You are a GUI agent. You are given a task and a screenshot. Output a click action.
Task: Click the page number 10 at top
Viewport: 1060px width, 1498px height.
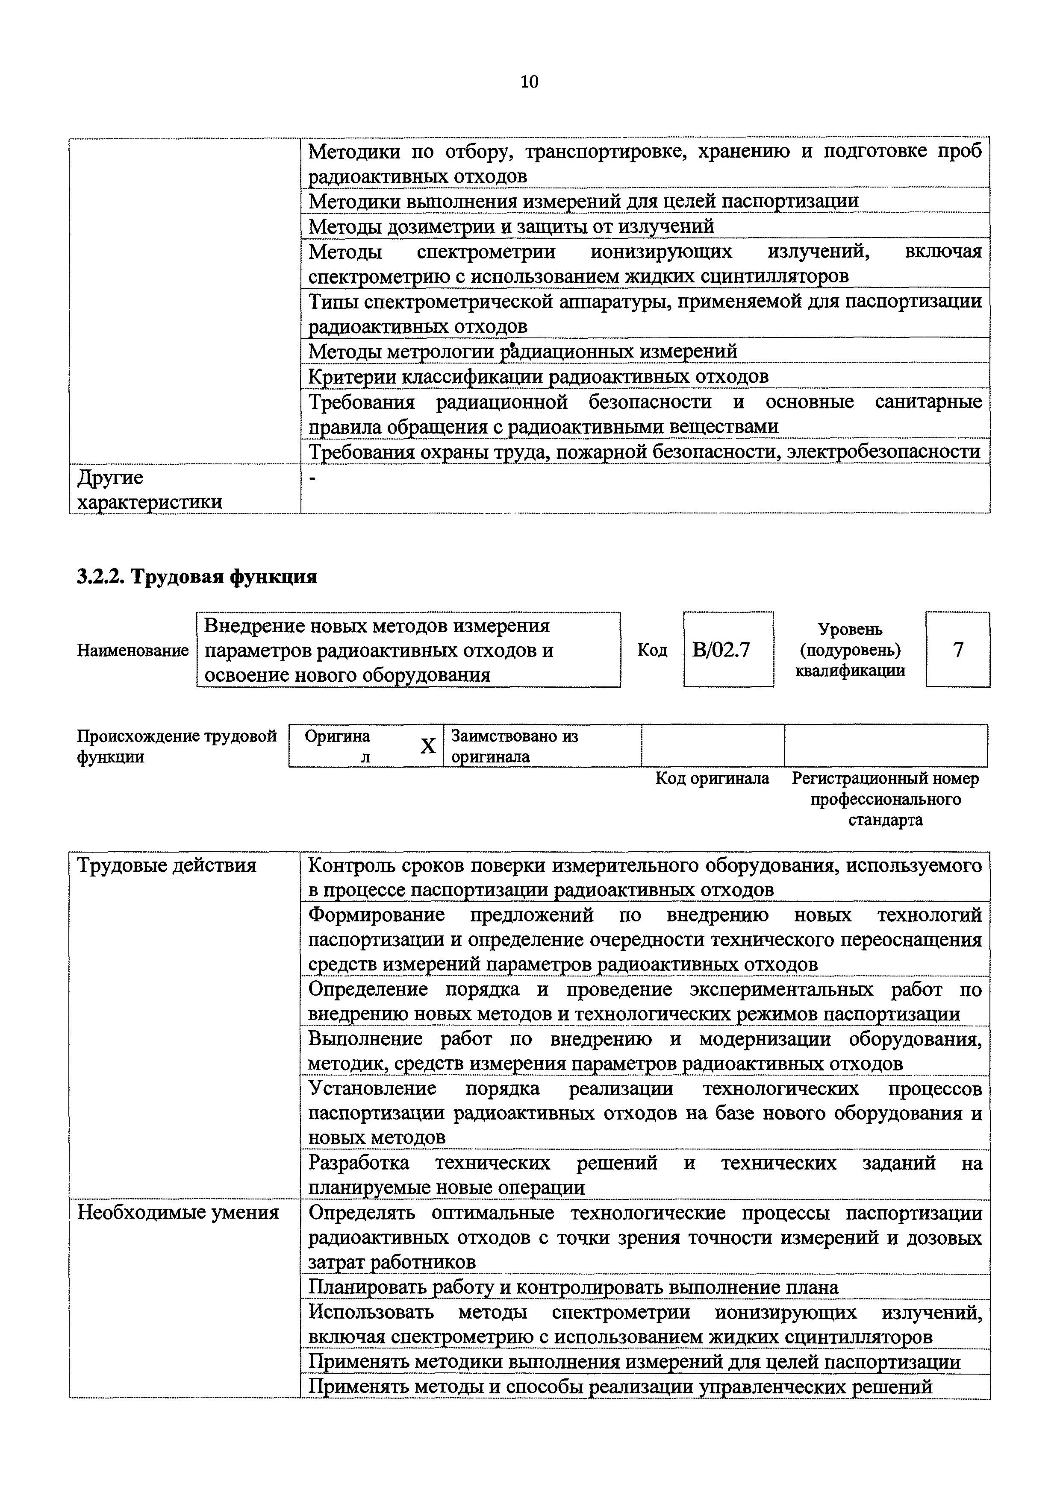(x=529, y=82)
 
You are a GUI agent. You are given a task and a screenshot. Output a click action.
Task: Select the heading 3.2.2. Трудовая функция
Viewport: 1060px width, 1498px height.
(x=197, y=577)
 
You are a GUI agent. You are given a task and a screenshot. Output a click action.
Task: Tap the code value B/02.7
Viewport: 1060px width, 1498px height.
(x=721, y=650)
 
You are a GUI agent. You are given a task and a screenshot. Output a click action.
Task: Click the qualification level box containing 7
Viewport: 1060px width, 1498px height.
(x=957, y=650)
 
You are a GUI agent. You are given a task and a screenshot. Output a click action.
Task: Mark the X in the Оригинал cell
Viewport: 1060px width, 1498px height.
(x=427, y=746)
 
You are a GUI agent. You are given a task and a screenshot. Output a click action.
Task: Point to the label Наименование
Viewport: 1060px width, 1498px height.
(x=132, y=651)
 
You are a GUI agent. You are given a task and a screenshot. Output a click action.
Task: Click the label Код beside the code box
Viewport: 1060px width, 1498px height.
(x=652, y=651)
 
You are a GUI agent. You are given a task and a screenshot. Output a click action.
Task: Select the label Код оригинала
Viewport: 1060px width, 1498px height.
(x=712, y=778)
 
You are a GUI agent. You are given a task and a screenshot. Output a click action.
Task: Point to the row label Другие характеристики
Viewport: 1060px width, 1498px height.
(x=150, y=490)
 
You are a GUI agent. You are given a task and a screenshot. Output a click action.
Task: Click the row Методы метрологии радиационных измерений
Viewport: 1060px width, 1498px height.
(x=522, y=352)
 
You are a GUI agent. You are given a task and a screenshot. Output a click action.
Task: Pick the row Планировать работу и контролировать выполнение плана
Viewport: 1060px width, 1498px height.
(x=572, y=1287)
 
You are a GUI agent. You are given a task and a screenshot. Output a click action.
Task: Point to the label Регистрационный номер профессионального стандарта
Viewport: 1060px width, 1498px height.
(x=885, y=799)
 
